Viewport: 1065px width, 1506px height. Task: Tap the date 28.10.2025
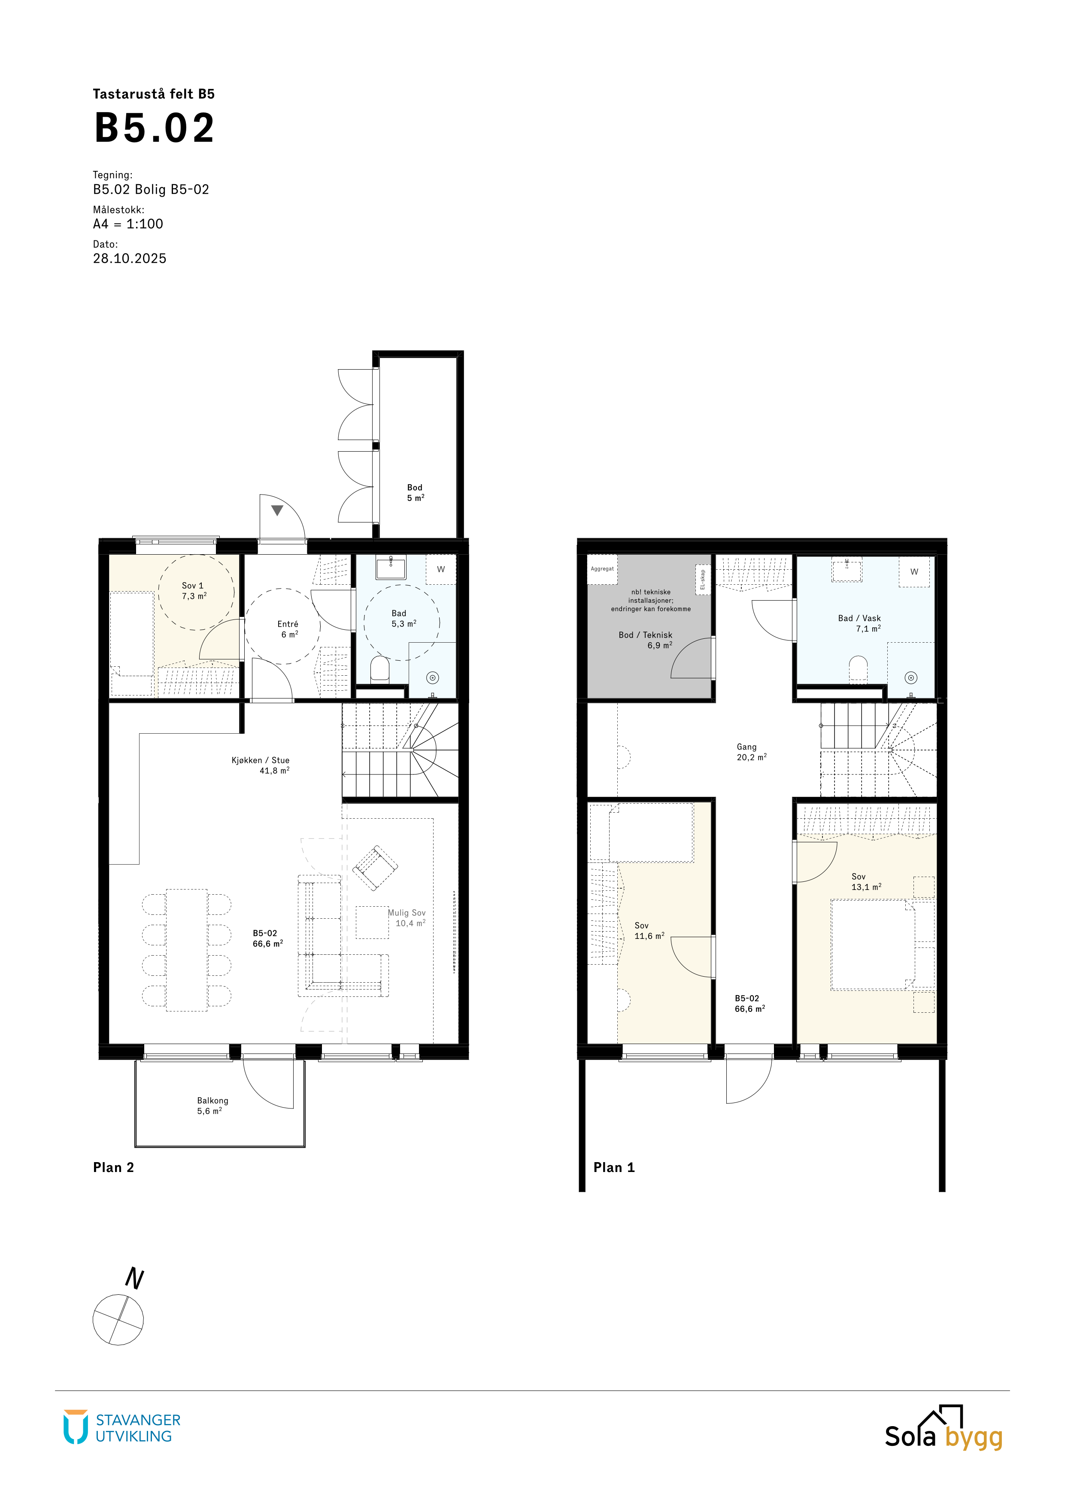[x=130, y=258]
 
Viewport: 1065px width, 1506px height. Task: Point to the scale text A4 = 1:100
[x=128, y=224]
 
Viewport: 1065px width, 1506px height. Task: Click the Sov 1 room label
[x=193, y=585]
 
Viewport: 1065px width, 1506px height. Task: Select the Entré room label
[x=288, y=624]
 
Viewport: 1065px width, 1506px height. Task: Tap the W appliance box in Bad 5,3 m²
[x=441, y=569]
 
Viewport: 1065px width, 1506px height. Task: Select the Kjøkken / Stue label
[x=261, y=760]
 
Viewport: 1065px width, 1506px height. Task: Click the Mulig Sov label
[x=407, y=912]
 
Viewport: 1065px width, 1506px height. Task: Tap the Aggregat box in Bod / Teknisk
[x=602, y=569]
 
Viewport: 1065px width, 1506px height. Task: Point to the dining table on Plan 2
[x=187, y=950]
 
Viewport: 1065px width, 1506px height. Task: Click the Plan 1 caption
[x=614, y=1168]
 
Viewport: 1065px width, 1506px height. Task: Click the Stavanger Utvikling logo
[x=122, y=1427]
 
